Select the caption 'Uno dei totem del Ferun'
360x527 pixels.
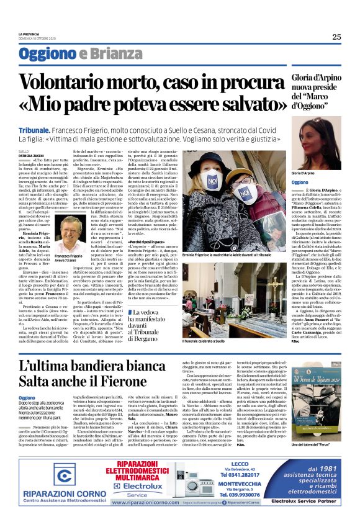317,446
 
